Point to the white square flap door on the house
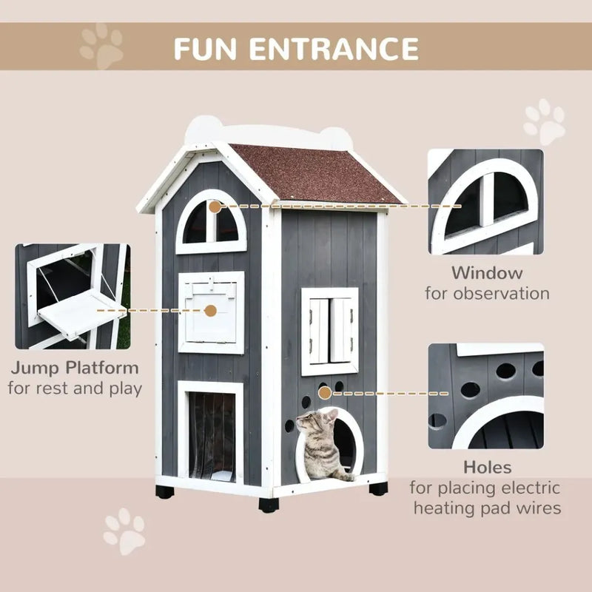coord(211,311)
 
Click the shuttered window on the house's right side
coord(330,331)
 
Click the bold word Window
coord(487,273)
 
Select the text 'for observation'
coord(487,294)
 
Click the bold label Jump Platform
coord(74,367)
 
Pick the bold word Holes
coord(487,467)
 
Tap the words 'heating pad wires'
coord(487,508)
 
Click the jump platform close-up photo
coord(73,297)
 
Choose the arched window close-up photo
coord(485,201)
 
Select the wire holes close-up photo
coord(485,396)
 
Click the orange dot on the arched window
coord(215,207)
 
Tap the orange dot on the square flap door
coord(211,312)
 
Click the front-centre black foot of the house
coord(268,505)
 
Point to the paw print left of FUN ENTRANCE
coord(102,46)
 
